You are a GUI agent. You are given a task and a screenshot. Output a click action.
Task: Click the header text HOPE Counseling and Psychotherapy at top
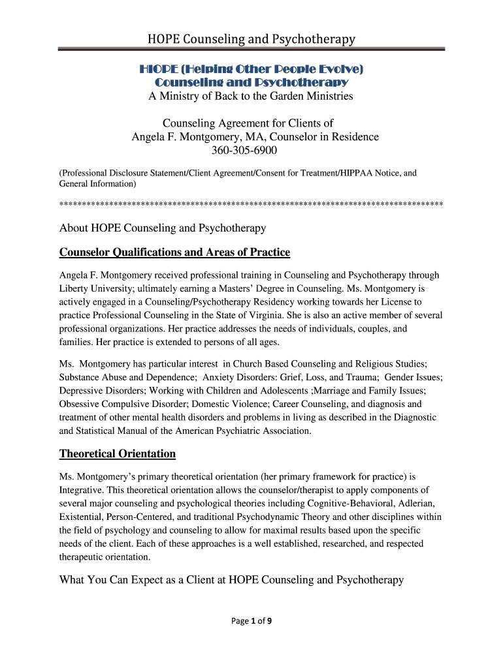pyautogui.click(x=251, y=39)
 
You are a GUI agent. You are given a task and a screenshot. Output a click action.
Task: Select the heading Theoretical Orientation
pyautogui.click(x=118, y=453)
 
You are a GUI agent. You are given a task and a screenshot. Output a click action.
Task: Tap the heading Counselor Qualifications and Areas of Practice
pyautogui.click(x=174, y=252)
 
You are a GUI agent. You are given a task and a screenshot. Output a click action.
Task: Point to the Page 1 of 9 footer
pyautogui.click(x=252, y=621)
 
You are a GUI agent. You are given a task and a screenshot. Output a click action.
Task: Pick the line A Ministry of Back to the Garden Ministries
pyautogui.click(x=251, y=96)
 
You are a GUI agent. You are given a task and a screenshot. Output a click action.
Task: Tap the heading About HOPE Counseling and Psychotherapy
pyautogui.click(x=163, y=228)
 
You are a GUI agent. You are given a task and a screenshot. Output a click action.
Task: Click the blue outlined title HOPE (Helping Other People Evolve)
pyautogui.click(x=251, y=68)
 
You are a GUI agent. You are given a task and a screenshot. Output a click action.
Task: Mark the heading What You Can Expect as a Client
pyautogui.click(x=232, y=580)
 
